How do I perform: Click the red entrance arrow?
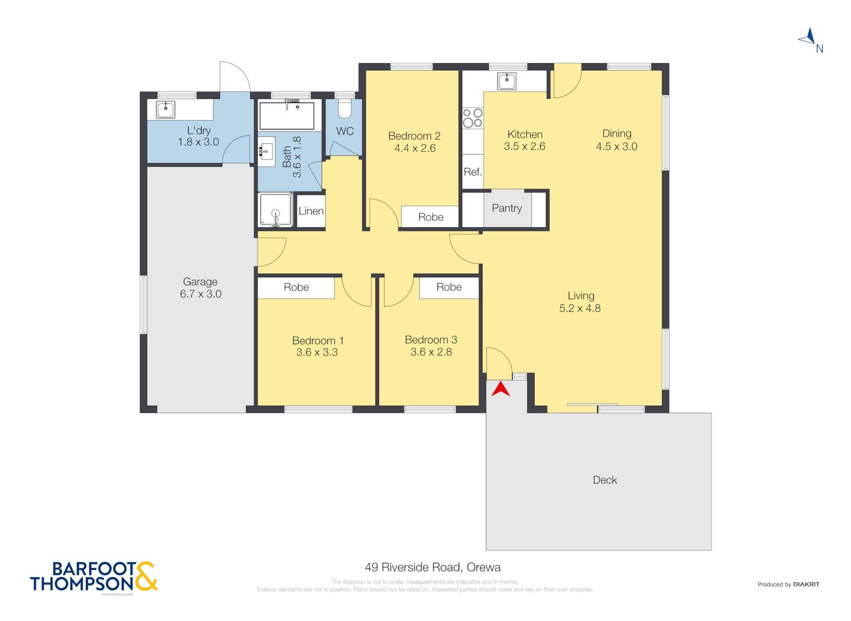[x=501, y=389]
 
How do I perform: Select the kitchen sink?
[x=507, y=81]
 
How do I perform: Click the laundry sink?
[x=165, y=109]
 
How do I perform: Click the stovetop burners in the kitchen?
[x=473, y=118]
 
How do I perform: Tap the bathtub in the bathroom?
[x=287, y=115]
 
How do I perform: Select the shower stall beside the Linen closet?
[x=275, y=209]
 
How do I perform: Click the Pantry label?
[x=507, y=208]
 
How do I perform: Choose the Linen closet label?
[x=311, y=211]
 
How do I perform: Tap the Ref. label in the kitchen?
[x=473, y=172]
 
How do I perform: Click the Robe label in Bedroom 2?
[x=430, y=217]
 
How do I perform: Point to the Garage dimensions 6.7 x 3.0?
[x=200, y=294]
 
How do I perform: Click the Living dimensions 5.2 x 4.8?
[x=580, y=308]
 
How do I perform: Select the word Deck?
[x=605, y=480]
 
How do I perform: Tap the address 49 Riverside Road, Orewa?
[x=433, y=567]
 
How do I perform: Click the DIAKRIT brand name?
[x=806, y=584]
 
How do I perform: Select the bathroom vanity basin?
[x=266, y=152]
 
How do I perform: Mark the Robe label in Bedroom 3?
[x=449, y=287]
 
